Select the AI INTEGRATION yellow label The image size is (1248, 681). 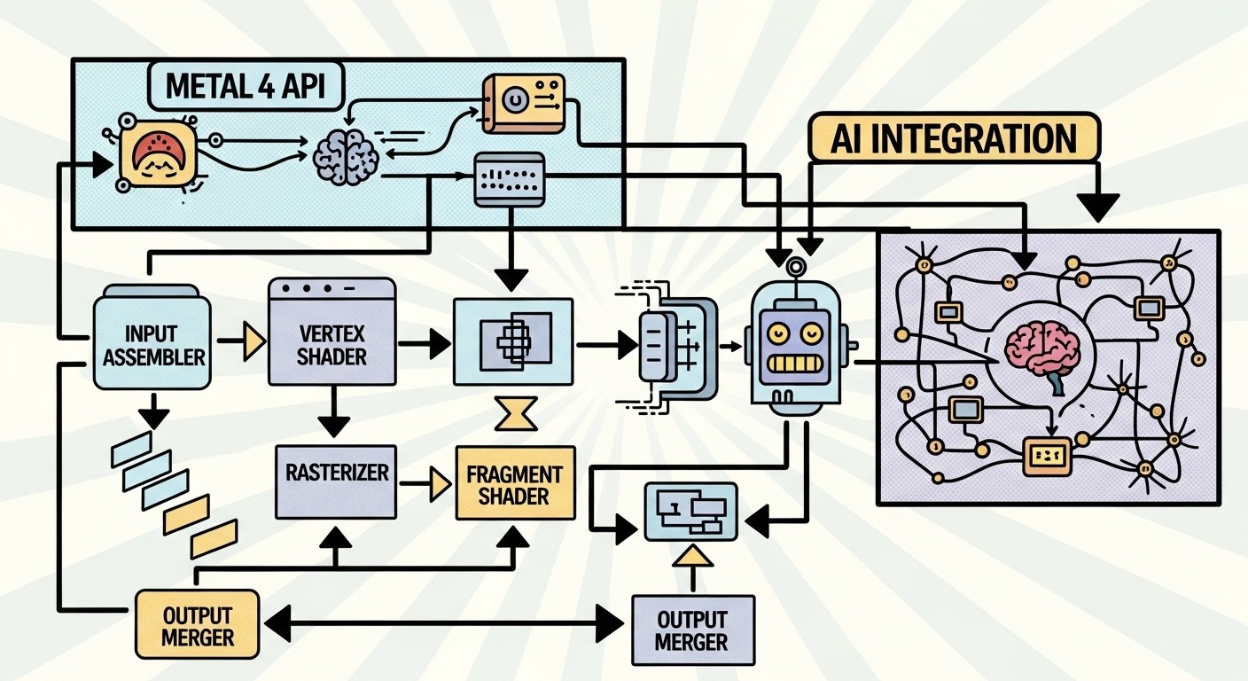point(954,139)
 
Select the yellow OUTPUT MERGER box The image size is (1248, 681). point(198,625)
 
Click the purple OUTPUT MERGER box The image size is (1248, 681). point(693,630)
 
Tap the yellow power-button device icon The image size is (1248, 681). point(520,104)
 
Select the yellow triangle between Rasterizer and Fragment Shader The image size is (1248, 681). point(437,483)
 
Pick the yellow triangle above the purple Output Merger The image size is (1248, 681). point(693,556)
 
